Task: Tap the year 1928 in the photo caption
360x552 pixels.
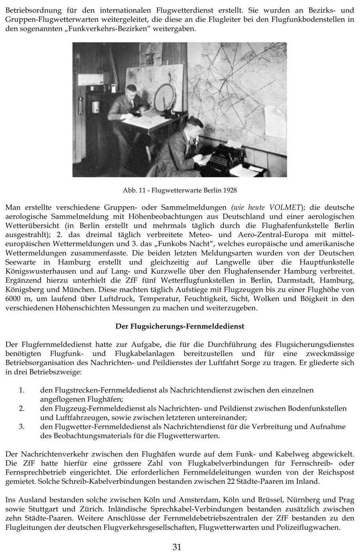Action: [230, 190]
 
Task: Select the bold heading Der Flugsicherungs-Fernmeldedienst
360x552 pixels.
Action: [180, 326]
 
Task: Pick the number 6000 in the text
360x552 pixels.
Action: [14, 299]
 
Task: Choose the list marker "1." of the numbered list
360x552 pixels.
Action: [22, 390]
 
